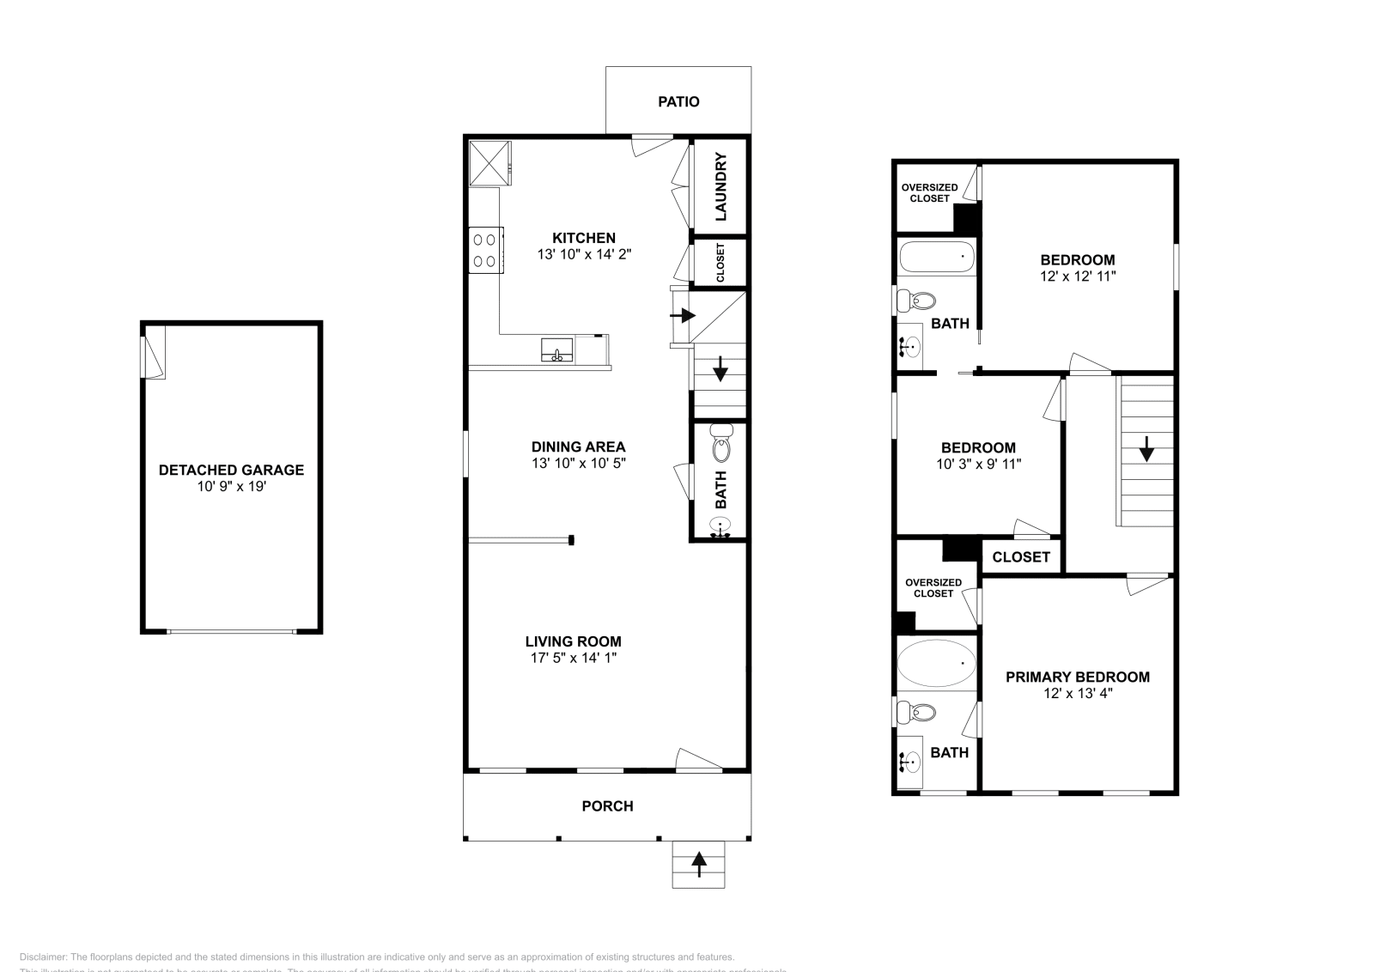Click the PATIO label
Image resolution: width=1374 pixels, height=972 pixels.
(678, 101)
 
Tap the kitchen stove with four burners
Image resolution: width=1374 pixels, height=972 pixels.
(486, 250)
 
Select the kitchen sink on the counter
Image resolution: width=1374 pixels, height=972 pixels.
(556, 350)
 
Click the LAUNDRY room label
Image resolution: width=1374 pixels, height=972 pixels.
(720, 186)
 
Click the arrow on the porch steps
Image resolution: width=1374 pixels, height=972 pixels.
(699, 863)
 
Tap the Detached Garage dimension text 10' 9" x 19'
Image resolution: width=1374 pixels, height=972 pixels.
(231, 487)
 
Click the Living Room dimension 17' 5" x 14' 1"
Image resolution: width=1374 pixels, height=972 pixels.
(574, 658)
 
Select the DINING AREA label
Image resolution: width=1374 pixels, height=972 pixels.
(578, 447)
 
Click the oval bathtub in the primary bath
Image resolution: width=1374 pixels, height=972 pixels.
(936, 664)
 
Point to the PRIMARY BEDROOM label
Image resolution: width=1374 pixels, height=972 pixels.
(1077, 677)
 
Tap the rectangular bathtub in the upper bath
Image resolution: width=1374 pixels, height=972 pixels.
(936, 256)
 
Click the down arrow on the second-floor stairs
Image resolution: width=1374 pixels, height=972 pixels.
(1146, 449)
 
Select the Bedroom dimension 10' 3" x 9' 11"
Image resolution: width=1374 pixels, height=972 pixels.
(978, 464)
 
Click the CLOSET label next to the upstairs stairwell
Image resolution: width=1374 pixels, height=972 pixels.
(1021, 556)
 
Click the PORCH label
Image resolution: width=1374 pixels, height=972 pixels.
(607, 805)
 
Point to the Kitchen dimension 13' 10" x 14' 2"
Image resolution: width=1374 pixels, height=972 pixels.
(584, 254)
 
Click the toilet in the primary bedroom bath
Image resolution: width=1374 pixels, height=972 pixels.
(916, 712)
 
